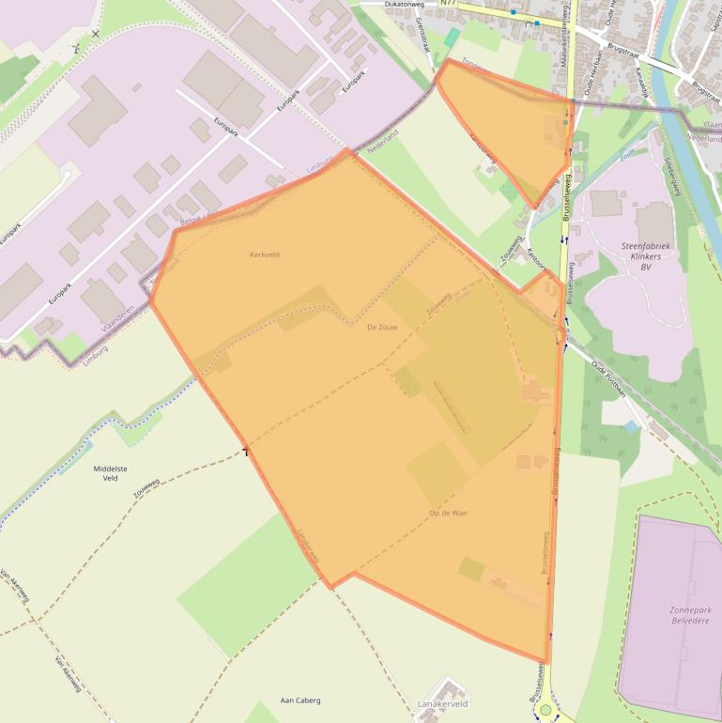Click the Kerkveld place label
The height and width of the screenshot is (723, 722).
coord(264,254)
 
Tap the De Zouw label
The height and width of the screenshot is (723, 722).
coord(383,327)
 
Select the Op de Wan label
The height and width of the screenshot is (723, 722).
coord(448,513)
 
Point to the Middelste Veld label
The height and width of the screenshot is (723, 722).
coord(111,472)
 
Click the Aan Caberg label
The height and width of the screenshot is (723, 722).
coord(300,700)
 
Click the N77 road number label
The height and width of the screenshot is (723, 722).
coord(447,4)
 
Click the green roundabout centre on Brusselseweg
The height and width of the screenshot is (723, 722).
coord(545,709)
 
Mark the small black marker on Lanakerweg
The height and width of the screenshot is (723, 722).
coord(246,452)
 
